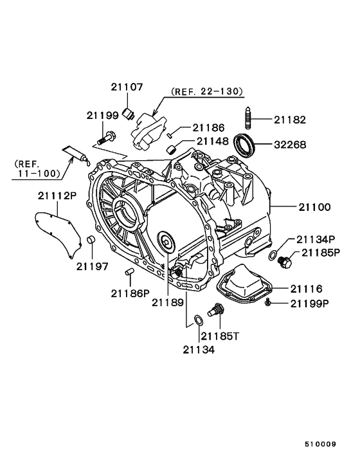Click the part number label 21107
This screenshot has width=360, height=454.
[x=127, y=87]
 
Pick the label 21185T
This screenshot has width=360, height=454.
[x=220, y=335]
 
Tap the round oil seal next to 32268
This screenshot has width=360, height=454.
[x=245, y=144]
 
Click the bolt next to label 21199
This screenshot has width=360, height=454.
[x=105, y=136]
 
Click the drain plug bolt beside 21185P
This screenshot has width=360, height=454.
[x=284, y=260]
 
